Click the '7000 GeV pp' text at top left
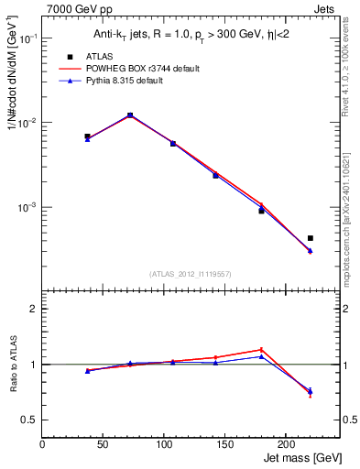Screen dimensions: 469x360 pos(75,9)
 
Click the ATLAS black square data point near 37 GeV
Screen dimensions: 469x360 pos(87,136)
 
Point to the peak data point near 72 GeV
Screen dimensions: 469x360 pos(130,115)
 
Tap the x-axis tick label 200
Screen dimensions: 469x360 pos(286,444)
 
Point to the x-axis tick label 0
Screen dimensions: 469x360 pos(42,444)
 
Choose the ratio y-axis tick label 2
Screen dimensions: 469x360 pos(34,309)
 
